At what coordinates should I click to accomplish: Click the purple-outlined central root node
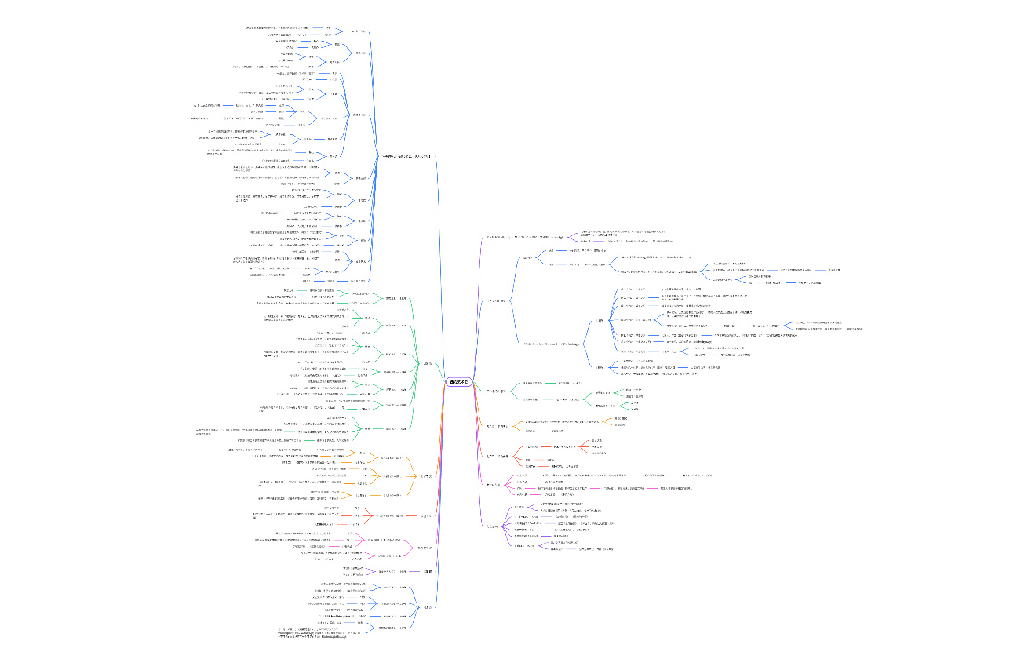(x=458, y=382)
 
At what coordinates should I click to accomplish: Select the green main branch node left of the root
(x=428, y=363)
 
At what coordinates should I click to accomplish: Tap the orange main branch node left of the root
(x=426, y=476)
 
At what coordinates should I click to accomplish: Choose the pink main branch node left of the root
(x=425, y=548)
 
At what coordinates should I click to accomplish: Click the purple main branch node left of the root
(x=428, y=572)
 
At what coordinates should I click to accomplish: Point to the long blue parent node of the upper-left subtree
(x=406, y=157)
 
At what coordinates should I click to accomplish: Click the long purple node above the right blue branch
(x=524, y=236)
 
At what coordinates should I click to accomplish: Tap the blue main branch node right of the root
(x=497, y=300)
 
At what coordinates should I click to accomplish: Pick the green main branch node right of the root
(x=496, y=391)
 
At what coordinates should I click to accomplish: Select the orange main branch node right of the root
(x=497, y=426)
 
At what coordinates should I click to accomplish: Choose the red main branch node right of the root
(x=498, y=456)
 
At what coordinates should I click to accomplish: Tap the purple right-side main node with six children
(x=492, y=526)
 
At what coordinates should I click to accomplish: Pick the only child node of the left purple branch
(x=393, y=572)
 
